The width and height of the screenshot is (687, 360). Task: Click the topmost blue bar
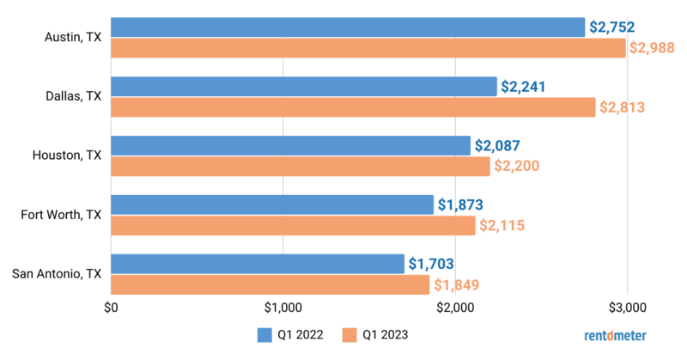348,27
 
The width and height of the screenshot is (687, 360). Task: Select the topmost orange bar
368,48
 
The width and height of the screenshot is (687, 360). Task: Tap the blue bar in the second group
304,86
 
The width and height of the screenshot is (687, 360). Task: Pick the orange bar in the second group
353,107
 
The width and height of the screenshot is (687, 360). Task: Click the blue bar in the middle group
291,145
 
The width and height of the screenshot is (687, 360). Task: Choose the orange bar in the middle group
301,167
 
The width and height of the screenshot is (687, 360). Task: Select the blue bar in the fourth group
272,204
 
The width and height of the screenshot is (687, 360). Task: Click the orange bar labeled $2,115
293,226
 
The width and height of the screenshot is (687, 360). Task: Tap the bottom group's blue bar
258,264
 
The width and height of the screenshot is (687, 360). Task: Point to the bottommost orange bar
271,285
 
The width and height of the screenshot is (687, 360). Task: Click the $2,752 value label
611,27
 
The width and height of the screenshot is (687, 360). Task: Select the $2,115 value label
502,226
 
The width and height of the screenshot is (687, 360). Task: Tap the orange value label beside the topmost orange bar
652,48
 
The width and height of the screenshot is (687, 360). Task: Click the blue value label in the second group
523,86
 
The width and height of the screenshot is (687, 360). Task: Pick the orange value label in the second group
622,107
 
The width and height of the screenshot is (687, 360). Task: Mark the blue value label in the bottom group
430,264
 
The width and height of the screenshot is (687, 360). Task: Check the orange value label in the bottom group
456,285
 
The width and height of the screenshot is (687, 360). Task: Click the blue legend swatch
264,335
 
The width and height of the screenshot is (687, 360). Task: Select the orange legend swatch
349,335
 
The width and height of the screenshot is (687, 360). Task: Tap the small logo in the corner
615,335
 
